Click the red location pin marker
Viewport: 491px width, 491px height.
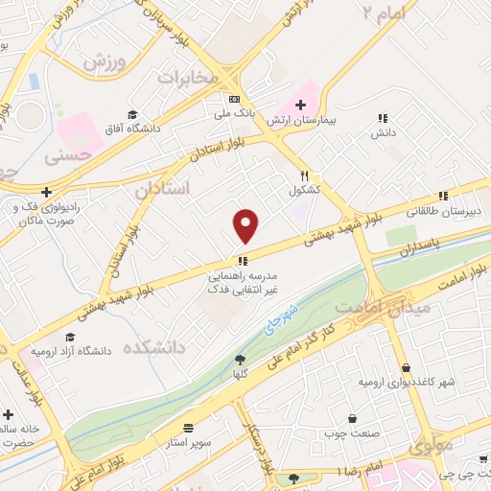click(x=246, y=226)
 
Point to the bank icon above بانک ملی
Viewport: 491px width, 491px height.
click(x=234, y=99)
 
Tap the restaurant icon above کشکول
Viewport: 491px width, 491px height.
click(x=304, y=175)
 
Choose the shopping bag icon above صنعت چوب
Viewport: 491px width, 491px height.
click(x=353, y=418)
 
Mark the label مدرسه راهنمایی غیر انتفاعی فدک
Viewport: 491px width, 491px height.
click(x=242, y=279)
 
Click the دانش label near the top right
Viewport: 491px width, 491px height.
click(x=384, y=132)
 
